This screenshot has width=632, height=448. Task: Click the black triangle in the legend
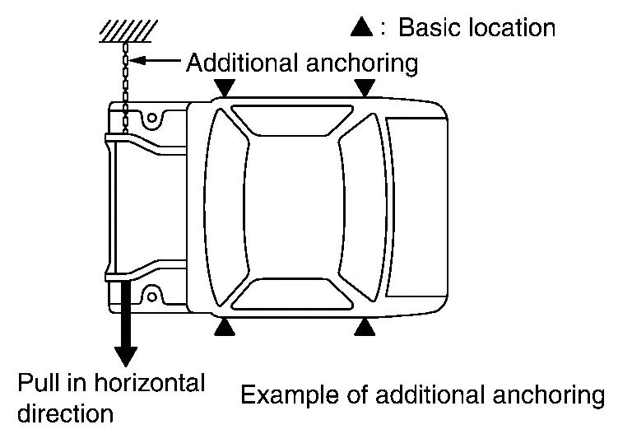point(363,27)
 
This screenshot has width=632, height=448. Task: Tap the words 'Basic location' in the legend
point(476,27)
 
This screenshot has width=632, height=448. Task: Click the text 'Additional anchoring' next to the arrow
point(302,63)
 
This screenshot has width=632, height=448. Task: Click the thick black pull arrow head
point(126,353)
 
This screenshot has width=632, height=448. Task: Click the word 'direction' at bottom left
point(65,412)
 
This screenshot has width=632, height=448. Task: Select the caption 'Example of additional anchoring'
point(422,395)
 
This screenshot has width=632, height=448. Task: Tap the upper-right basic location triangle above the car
point(365,87)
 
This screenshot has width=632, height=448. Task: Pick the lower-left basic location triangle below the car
point(225,328)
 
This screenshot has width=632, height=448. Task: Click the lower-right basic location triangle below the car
point(365,328)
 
